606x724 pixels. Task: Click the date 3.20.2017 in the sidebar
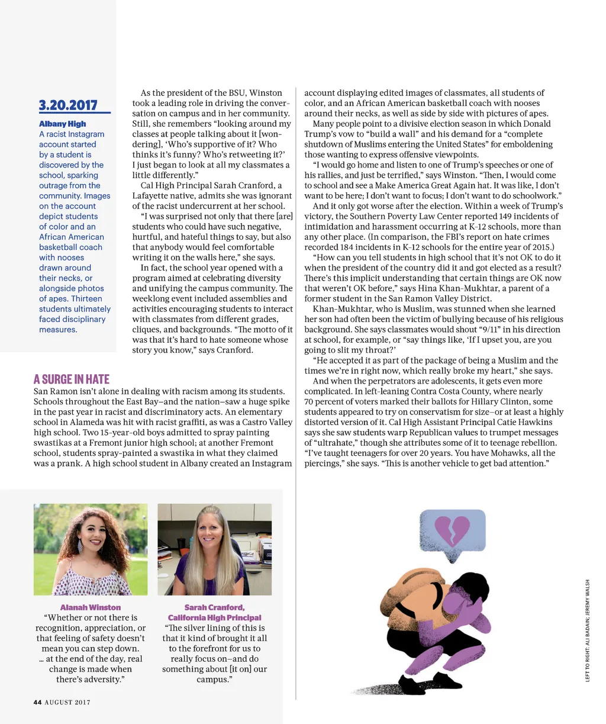click(x=68, y=105)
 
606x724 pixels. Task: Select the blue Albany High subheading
click(x=63, y=124)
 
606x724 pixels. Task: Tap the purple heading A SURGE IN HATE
click(x=72, y=379)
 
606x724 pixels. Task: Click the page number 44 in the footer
click(x=37, y=702)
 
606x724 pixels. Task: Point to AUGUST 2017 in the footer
click(x=67, y=702)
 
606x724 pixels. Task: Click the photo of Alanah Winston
click(x=91, y=549)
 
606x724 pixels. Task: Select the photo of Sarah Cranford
click(x=214, y=549)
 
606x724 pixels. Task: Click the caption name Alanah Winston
click(x=91, y=607)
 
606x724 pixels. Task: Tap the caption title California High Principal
click(x=214, y=617)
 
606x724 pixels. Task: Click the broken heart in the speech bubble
click(x=452, y=530)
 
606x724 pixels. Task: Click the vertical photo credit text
click(x=588, y=630)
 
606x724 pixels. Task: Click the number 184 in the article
click(x=348, y=247)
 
